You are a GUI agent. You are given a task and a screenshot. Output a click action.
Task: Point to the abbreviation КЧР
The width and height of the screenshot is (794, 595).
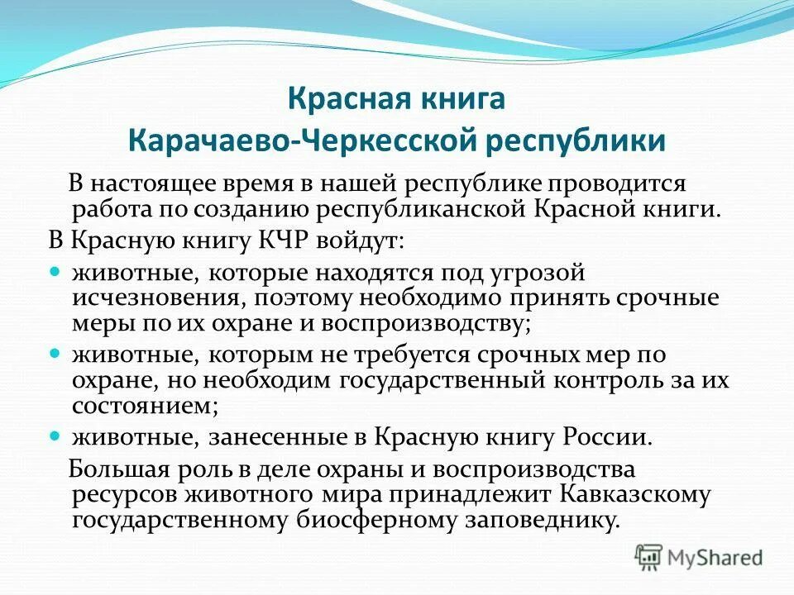click(294, 240)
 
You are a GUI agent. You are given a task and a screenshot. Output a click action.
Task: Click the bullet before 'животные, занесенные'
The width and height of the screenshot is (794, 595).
click(55, 435)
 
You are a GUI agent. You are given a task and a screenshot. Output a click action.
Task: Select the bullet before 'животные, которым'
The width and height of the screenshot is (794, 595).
click(55, 353)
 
